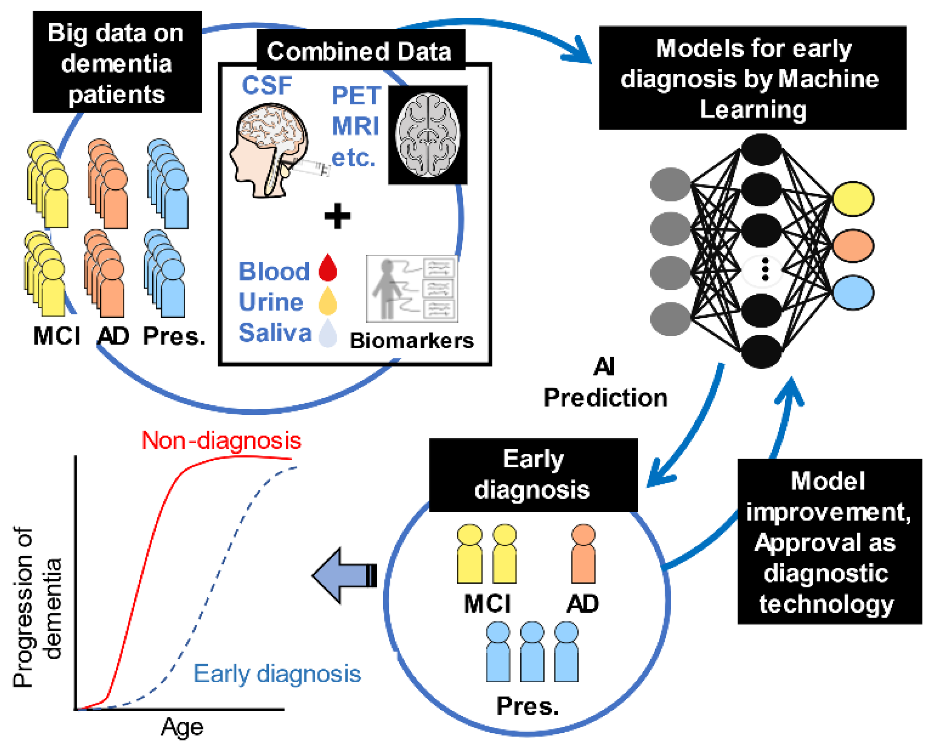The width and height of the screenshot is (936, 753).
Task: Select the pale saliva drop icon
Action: pyautogui.click(x=328, y=332)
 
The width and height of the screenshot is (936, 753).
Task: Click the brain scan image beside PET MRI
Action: pyautogui.click(x=428, y=134)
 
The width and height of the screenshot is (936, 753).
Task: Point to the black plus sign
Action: pyautogui.click(x=337, y=216)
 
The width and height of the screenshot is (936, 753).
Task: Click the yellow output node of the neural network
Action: pyautogui.click(x=853, y=198)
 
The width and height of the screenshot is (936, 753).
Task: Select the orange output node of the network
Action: pyautogui.click(x=853, y=245)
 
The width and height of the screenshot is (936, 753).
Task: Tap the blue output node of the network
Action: pyautogui.click(x=853, y=292)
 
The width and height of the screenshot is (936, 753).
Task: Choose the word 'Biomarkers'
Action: pyautogui.click(x=412, y=341)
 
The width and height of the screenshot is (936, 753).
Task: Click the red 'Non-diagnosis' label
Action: pyautogui.click(x=221, y=440)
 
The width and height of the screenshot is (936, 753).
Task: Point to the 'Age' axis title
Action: pyautogui.click(x=182, y=727)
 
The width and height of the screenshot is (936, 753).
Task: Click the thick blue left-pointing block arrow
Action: pyautogui.click(x=344, y=575)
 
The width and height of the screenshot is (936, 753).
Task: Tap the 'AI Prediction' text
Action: pyautogui.click(x=605, y=383)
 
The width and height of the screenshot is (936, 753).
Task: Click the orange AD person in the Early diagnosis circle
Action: pyautogui.click(x=583, y=554)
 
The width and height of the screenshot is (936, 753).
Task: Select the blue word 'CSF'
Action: pyautogui.click(x=267, y=85)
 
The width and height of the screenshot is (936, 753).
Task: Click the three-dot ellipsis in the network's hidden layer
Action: pyautogui.click(x=765, y=269)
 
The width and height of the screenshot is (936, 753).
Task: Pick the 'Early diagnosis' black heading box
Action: pyautogui.click(x=533, y=475)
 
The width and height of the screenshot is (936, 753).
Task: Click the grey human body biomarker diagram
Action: pyautogui.click(x=412, y=288)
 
